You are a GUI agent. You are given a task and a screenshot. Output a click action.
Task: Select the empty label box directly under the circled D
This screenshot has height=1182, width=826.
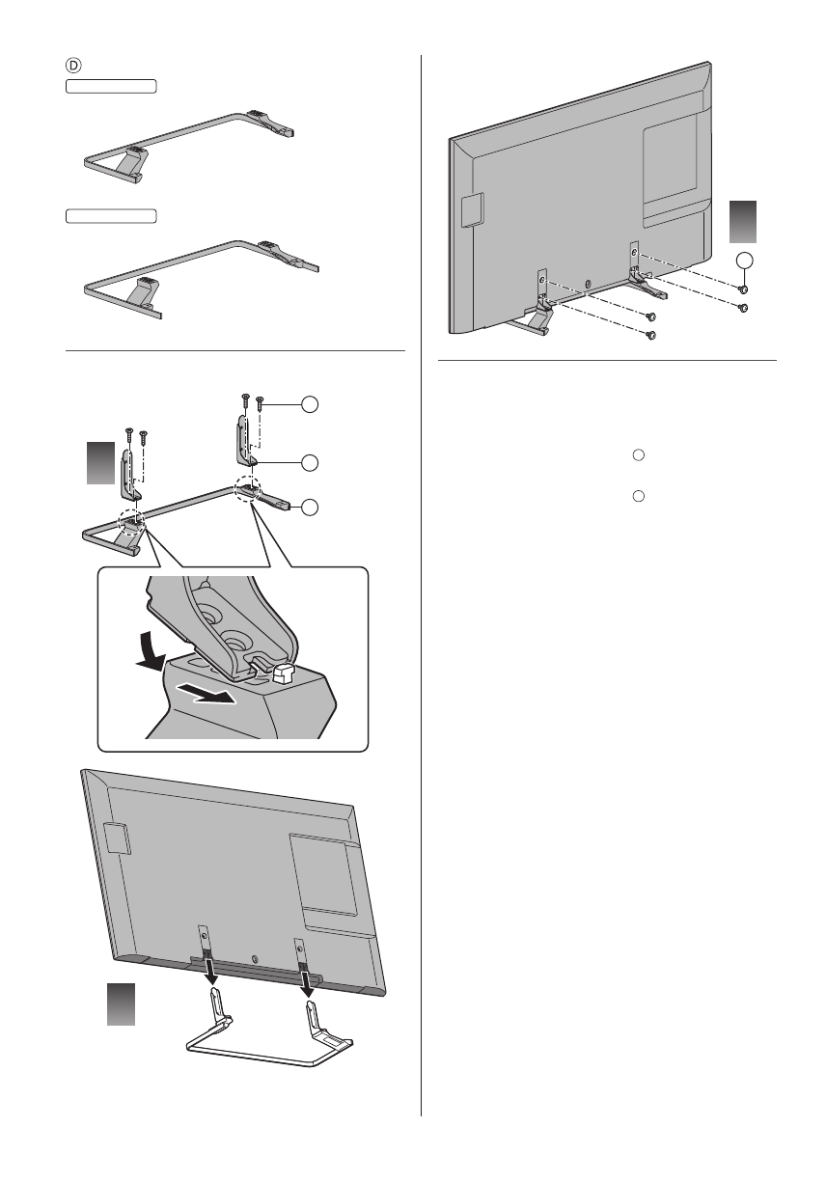coord(111,87)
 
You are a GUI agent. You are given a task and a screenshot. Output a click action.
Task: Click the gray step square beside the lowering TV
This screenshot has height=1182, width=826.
coord(120,1003)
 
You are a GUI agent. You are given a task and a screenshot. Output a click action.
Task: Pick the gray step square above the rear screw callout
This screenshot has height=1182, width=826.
coord(742,221)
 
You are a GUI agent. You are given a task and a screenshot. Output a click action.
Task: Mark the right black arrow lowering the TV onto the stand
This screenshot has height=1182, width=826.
coord(308,979)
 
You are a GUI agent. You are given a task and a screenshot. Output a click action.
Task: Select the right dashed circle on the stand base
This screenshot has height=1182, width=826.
coord(248,489)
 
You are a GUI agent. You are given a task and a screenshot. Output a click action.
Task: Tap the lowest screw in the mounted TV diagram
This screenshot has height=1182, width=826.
coord(650,335)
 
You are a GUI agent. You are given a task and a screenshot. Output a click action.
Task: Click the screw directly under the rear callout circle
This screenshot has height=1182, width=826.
coord(743,289)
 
